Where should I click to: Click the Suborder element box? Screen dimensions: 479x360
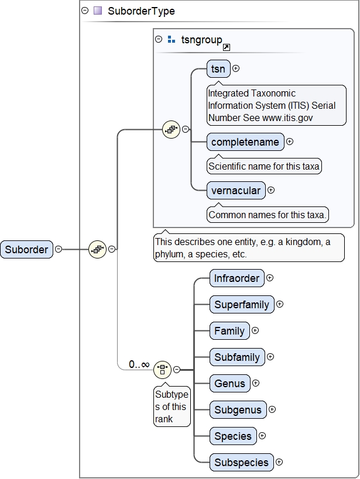(27, 249)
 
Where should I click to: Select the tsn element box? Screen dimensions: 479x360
(218, 68)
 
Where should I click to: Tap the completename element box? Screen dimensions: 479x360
(246, 142)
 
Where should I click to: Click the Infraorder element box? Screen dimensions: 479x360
(236, 278)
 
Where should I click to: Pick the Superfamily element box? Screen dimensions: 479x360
(242, 305)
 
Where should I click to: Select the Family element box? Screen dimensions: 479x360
(229, 331)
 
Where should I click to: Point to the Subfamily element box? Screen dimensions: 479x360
(237, 357)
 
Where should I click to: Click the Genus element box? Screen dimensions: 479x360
(229, 384)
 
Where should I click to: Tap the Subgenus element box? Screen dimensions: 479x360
(238, 410)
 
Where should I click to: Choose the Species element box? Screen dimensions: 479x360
(233, 436)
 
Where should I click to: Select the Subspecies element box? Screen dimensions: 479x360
(241, 463)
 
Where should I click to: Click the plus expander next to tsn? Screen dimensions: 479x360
(236, 68)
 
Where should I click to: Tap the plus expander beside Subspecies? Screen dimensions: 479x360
(279, 462)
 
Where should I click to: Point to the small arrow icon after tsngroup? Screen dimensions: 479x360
(227, 47)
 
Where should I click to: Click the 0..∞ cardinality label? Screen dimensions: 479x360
(139, 364)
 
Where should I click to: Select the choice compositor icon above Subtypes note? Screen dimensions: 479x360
(162, 370)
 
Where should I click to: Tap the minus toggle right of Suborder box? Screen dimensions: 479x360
(59, 249)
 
